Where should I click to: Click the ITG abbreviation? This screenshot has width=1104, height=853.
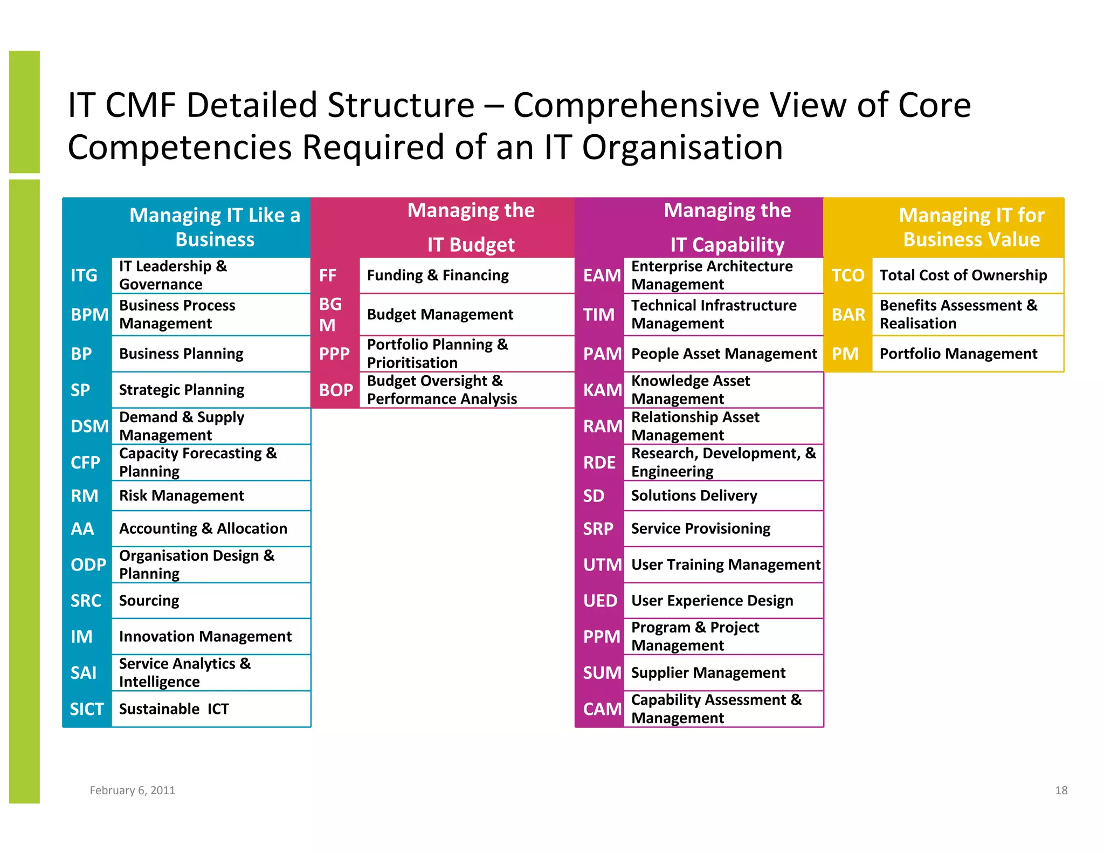pos(84,276)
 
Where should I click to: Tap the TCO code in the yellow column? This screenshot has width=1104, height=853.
pos(847,276)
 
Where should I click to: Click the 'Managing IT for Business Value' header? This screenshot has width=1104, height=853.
pos(971,227)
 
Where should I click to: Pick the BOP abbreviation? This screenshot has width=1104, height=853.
pos(336,390)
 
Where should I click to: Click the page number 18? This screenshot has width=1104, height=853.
pos(1061,790)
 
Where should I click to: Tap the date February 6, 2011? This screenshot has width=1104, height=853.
pos(132,790)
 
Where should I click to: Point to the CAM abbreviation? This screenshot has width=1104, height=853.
pos(602,709)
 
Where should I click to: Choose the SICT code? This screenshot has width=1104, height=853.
pos(86,709)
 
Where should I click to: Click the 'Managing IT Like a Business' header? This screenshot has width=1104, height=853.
pos(215,227)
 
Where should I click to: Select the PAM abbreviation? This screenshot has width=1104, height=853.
pos(602,354)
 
